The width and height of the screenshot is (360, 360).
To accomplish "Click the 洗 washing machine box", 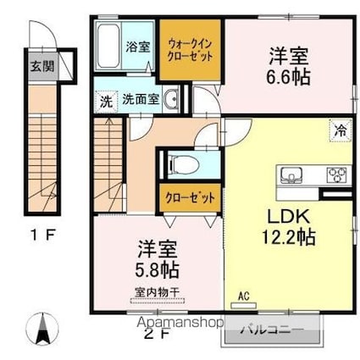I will click(x=106, y=99).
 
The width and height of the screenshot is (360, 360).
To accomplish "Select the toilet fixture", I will click(x=180, y=163).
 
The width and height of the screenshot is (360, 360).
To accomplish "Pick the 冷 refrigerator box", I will click(x=339, y=130).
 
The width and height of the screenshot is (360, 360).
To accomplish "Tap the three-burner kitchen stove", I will click(x=335, y=177).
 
